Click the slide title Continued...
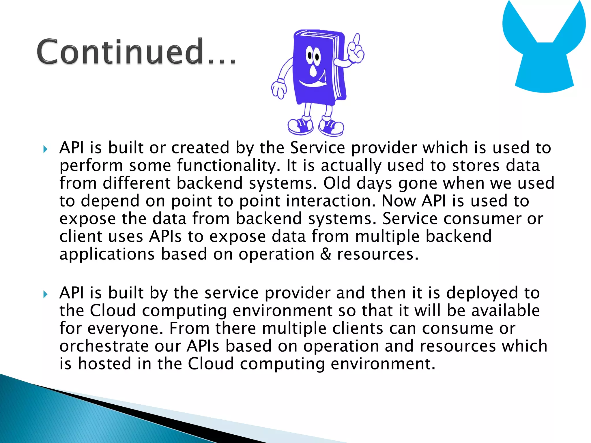(136, 51)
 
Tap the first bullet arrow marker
(45, 149)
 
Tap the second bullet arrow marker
(45, 294)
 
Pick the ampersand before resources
(326, 254)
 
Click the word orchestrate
(104, 346)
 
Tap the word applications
(107, 254)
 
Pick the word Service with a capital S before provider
(317, 148)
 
